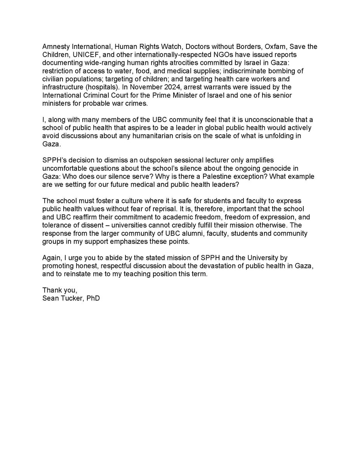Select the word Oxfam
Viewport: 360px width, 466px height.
click(x=273, y=47)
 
